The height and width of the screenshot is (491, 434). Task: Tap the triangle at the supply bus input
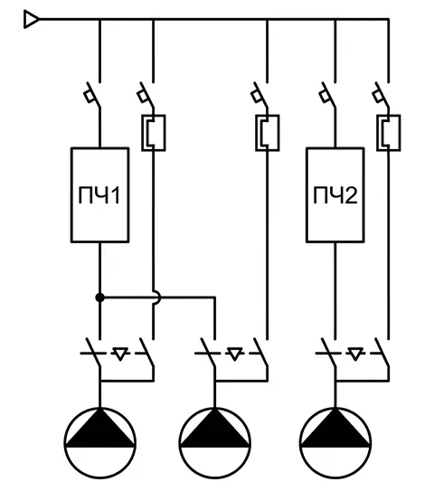point(32,19)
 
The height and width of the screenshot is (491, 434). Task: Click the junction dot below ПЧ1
point(99,297)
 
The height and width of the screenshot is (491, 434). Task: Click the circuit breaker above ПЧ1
point(93,96)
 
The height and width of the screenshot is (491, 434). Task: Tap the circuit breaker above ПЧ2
point(328,96)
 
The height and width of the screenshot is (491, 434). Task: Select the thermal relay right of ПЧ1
point(154,133)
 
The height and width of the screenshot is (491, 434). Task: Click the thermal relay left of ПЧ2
point(268,133)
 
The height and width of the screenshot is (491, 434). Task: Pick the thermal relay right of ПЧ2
point(388,133)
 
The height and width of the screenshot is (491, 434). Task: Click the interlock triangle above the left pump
point(120,354)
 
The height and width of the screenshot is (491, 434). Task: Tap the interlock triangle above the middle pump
point(235,354)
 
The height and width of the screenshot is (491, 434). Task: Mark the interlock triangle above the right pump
point(355,354)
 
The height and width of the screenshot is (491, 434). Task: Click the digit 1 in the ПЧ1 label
point(115,195)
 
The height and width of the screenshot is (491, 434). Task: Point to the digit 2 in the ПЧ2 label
point(352,195)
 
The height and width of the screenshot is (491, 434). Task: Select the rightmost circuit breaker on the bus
point(382,96)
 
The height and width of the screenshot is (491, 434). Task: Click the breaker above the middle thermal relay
point(260,96)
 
